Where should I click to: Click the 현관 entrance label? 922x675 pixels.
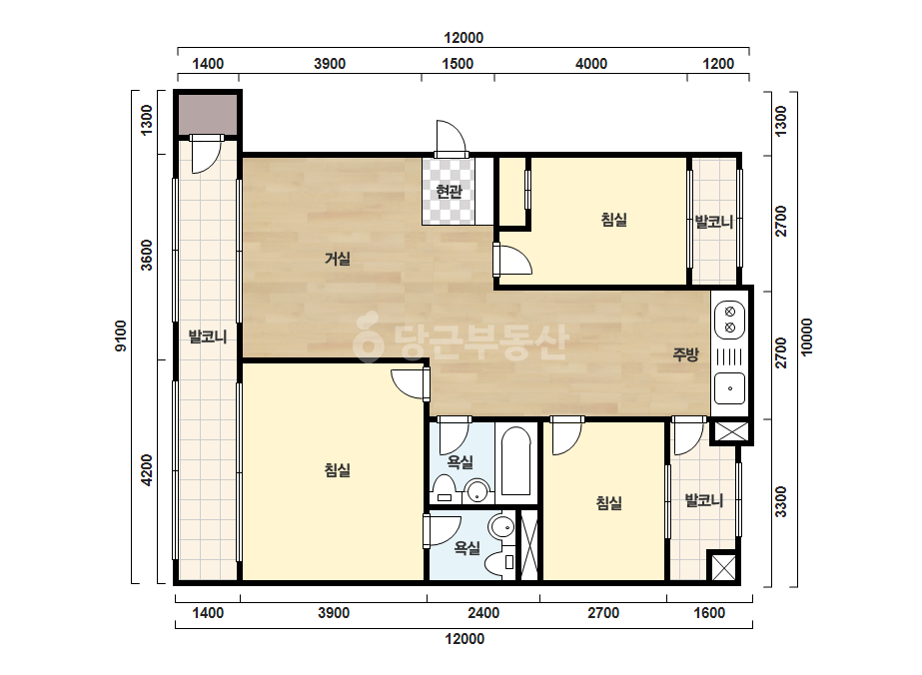click(x=449, y=191)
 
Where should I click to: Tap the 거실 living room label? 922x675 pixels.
click(x=338, y=259)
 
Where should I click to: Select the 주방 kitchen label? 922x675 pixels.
click(x=685, y=353)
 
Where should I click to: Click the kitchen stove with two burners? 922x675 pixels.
click(x=730, y=320)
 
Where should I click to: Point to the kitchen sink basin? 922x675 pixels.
click(x=730, y=388)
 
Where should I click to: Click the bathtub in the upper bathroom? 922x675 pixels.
click(x=516, y=461)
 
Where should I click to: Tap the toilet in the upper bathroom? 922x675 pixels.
click(x=444, y=489)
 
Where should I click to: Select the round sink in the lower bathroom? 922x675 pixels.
click(x=501, y=527)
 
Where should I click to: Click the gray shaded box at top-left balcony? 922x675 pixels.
click(x=208, y=115)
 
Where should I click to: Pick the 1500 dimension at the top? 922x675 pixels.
click(x=458, y=64)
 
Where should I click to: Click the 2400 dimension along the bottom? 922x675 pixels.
click(x=483, y=613)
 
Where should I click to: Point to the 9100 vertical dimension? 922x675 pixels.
click(x=120, y=336)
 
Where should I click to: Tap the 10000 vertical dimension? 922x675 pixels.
click(x=806, y=337)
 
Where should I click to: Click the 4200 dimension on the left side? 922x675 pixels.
click(x=147, y=469)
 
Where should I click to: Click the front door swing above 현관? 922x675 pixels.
click(x=451, y=139)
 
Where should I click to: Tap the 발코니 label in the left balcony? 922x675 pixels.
click(x=208, y=337)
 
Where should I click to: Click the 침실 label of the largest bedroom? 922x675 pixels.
click(x=338, y=469)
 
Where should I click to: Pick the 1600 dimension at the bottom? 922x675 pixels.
click(x=709, y=613)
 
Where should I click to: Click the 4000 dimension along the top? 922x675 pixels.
click(x=591, y=64)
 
